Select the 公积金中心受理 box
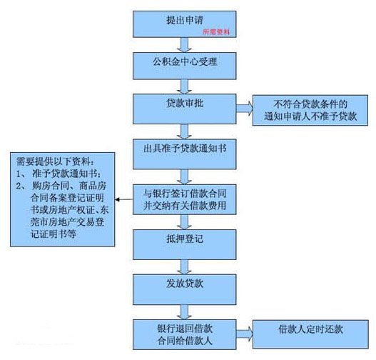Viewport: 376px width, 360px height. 185,63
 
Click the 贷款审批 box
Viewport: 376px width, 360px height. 185,106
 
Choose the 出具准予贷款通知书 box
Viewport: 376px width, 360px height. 185,151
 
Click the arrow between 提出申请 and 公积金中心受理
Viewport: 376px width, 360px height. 185,44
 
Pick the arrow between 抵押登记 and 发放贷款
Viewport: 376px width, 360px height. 185,267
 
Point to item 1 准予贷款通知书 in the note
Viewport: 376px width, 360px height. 61,174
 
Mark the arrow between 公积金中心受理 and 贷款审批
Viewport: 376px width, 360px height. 185,85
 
